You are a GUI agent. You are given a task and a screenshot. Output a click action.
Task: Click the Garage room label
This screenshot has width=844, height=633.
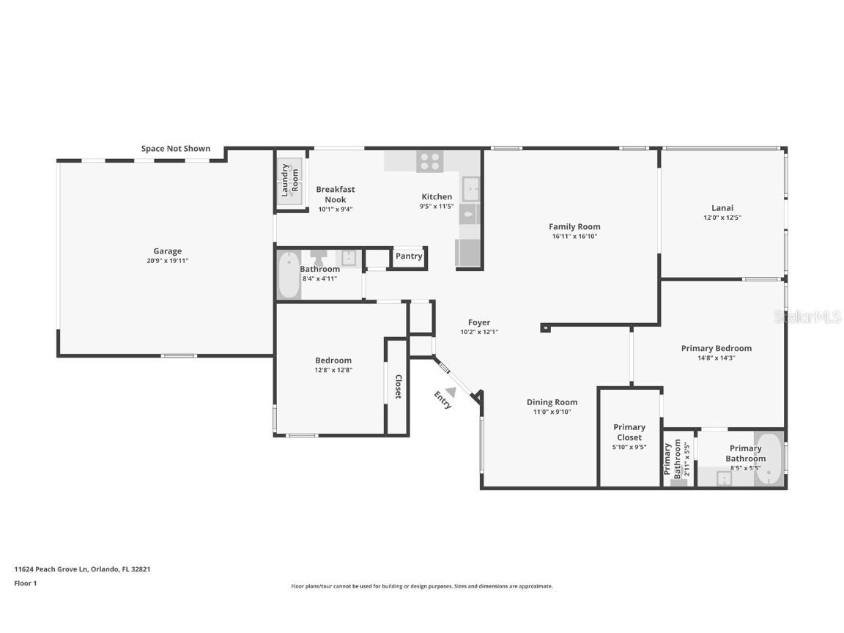pyautogui.click(x=167, y=251)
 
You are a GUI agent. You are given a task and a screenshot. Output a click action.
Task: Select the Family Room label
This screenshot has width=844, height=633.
pyautogui.click(x=574, y=227)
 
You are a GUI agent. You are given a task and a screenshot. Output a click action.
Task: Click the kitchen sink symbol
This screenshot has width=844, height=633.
pyautogui.click(x=470, y=189)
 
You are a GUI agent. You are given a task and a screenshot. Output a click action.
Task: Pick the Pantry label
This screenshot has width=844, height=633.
pyautogui.click(x=409, y=256)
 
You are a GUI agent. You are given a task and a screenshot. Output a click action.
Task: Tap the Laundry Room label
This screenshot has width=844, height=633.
pyautogui.click(x=290, y=178)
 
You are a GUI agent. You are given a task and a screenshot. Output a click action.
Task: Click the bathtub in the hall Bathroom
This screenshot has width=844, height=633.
pyautogui.click(x=289, y=275)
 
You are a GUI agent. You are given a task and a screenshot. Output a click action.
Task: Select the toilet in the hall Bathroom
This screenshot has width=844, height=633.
pyautogui.click(x=319, y=258)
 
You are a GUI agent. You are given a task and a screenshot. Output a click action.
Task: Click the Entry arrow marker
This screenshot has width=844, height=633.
pyautogui.click(x=451, y=393)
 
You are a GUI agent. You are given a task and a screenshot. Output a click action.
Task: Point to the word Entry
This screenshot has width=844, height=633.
pyautogui.click(x=443, y=400)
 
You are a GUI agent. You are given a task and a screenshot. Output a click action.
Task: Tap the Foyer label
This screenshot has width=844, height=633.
pyautogui.click(x=479, y=322)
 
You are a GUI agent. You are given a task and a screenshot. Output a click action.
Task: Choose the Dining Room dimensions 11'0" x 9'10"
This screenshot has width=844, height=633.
pyautogui.click(x=552, y=412)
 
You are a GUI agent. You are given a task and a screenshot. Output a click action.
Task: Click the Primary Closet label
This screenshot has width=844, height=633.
pyautogui.click(x=629, y=432)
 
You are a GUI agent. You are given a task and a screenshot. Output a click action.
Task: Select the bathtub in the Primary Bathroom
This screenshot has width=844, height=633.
pyautogui.click(x=769, y=459)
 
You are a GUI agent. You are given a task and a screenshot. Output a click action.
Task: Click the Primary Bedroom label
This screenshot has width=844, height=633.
pyautogui.click(x=716, y=349)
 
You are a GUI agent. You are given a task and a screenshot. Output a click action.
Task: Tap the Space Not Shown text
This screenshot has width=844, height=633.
pyautogui.click(x=176, y=149)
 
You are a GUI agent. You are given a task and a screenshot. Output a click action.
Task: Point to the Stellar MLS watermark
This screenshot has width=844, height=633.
pyautogui.click(x=807, y=316)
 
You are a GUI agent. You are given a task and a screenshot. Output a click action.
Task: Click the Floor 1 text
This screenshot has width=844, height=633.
pyautogui.click(x=25, y=583)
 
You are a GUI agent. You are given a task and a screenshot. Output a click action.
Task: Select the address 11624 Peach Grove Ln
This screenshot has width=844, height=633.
pyautogui.click(x=82, y=569)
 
